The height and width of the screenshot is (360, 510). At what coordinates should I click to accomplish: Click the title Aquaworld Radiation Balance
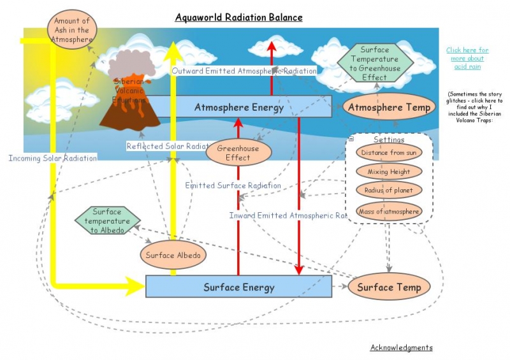point(239,17)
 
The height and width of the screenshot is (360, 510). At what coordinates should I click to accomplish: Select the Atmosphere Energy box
point(239,107)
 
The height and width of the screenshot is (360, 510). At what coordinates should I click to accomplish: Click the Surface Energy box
point(239,287)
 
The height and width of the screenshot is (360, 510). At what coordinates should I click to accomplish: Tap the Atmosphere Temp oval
point(389,107)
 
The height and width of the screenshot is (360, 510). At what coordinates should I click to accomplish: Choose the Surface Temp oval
point(389,287)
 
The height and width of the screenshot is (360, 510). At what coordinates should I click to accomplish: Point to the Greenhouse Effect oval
point(238,152)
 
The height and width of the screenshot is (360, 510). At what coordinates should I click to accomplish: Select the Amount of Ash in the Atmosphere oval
point(71,30)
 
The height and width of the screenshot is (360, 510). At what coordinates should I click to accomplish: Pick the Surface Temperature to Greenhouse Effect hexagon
point(375,63)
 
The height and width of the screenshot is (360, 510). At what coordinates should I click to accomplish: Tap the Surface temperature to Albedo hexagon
point(107,220)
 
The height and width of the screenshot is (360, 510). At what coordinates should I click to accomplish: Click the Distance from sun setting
point(388,153)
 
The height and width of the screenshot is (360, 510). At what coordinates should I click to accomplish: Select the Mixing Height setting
point(388,171)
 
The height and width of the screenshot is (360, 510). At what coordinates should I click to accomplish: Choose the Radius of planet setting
point(388,190)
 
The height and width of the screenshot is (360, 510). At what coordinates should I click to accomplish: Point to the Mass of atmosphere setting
point(388,211)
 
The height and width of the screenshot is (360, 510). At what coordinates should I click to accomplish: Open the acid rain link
point(467,58)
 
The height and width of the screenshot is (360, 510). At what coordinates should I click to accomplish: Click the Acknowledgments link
point(401,347)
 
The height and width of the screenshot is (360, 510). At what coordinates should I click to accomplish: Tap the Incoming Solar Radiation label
point(53,158)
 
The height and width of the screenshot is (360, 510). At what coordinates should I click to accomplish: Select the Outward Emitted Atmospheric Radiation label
point(244,71)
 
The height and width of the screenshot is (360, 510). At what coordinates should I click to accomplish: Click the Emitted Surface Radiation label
point(233,185)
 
